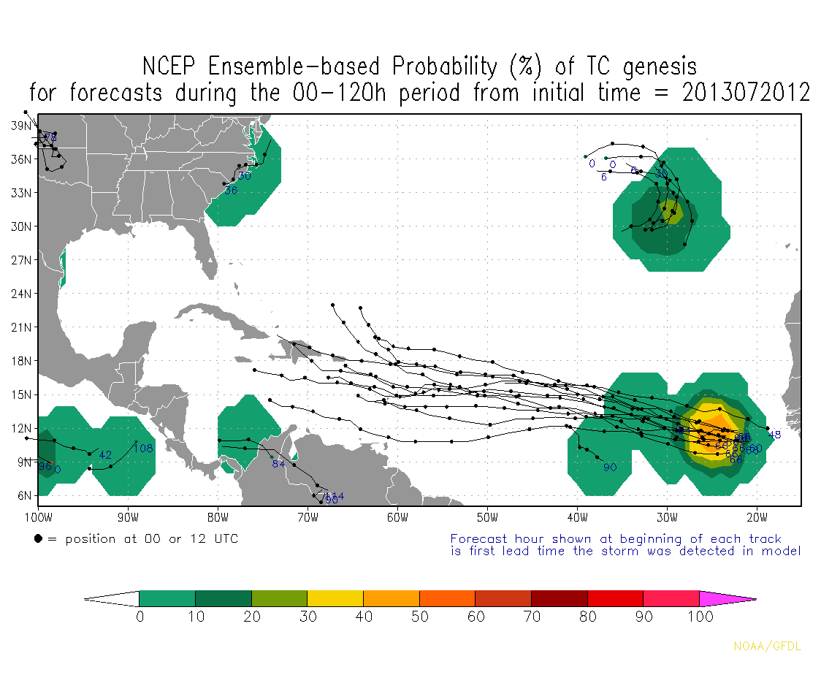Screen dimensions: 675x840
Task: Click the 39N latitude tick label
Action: [x=21, y=126]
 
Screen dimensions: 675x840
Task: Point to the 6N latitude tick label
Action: [x=24, y=495]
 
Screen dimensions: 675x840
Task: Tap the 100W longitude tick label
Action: [x=38, y=519]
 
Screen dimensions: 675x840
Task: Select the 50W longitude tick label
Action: [x=487, y=519]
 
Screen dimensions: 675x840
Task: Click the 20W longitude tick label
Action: [x=757, y=519]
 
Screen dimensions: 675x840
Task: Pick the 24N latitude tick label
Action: [x=21, y=294]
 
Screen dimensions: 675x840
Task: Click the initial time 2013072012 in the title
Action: [x=747, y=94]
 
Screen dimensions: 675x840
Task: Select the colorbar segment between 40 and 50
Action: [x=391, y=598]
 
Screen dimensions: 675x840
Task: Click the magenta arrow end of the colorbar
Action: [x=727, y=598]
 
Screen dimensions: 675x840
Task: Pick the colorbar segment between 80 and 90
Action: [x=615, y=598]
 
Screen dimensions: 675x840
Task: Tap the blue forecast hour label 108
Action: [x=142, y=448]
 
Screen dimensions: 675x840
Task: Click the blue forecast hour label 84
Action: [x=278, y=464]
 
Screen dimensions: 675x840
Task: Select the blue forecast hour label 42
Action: [x=105, y=454]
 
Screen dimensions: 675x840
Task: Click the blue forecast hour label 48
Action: [x=775, y=435]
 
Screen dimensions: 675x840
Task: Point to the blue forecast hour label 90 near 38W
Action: [x=611, y=467]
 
